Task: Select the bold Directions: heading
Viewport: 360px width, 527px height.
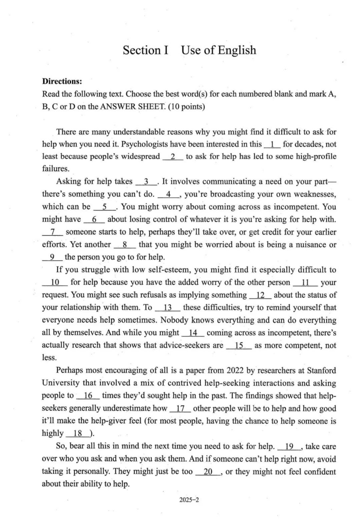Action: pyautogui.click(x=62, y=81)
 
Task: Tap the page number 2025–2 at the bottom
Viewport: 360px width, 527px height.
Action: pyautogui.click(x=189, y=500)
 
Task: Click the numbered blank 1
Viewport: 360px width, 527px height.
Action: pyautogui.click(x=273, y=144)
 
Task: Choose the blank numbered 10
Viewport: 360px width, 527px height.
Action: pyautogui.click(x=55, y=283)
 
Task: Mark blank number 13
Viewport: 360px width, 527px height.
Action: pyautogui.click(x=167, y=308)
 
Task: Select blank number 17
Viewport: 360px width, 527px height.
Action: pyautogui.click(x=180, y=408)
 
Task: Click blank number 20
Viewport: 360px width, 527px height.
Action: pyautogui.click(x=208, y=472)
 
